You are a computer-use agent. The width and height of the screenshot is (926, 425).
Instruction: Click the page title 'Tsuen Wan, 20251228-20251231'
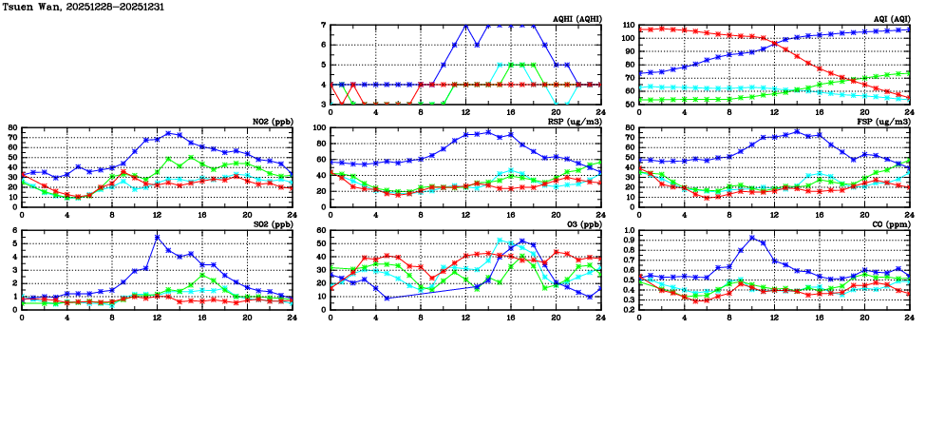(67, 7)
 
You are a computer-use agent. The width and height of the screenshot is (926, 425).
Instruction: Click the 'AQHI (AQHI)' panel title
(572, 20)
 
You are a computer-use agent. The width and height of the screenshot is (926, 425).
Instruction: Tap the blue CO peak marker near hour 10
(751, 238)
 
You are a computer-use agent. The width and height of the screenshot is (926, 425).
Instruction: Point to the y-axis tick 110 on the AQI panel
(628, 26)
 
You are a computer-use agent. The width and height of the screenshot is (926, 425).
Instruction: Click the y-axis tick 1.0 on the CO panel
(628, 230)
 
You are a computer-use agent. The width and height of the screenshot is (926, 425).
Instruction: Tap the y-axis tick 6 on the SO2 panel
(15, 230)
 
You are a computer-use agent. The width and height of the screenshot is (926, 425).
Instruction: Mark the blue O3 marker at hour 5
(387, 298)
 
